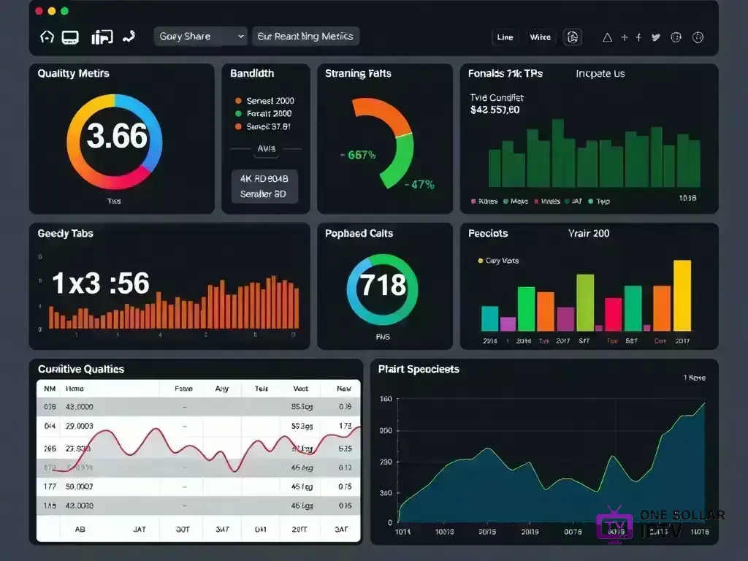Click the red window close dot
(x=38, y=12)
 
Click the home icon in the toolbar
(x=47, y=37)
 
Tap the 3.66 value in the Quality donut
(x=117, y=137)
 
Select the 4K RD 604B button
(x=264, y=178)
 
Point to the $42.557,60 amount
(x=495, y=110)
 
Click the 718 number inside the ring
(x=383, y=284)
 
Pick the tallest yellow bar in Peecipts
(x=682, y=295)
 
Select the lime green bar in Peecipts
(x=585, y=302)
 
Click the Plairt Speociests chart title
(x=419, y=370)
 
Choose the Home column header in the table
(x=75, y=389)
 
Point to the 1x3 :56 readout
(x=101, y=283)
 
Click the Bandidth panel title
(x=252, y=74)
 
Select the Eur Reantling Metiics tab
(x=305, y=37)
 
